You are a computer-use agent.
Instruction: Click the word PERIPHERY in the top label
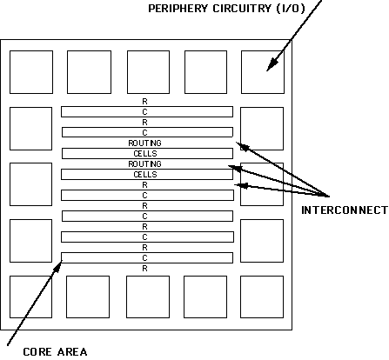point(178,9)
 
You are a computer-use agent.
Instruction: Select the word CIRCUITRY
point(242,9)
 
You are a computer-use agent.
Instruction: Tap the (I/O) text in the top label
point(291,9)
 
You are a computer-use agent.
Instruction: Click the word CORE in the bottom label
point(37,352)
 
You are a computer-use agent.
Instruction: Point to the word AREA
point(72,352)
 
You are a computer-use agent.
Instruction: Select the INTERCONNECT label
point(345,210)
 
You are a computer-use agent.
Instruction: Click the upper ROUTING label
point(144,143)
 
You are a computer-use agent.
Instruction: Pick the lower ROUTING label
point(144,164)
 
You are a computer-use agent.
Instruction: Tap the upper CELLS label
point(145,154)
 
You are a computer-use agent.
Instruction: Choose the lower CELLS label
point(145,175)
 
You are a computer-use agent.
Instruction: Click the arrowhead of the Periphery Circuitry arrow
point(272,64)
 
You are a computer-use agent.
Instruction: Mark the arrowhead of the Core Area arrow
point(58,267)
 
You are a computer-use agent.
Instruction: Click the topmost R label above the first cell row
point(144,102)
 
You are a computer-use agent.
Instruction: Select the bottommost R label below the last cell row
point(144,269)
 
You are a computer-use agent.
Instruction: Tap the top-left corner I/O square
point(31,72)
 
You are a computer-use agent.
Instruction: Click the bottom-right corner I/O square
point(262,297)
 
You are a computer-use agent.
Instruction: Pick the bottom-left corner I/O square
point(30,297)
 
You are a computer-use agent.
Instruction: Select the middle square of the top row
point(148,72)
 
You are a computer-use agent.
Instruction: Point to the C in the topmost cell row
point(144,112)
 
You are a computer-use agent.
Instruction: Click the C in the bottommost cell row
point(144,258)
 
